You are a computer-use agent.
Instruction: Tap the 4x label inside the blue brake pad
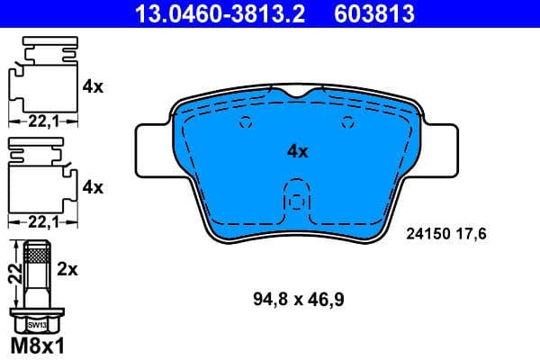pyautogui.click(x=297, y=152)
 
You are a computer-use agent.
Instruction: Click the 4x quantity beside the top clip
pyautogui.click(x=93, y=86)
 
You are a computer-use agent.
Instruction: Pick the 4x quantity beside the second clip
pyautogui.click(x=93, y=187)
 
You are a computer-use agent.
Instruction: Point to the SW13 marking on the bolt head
pyautogui.click(x=37, y=321)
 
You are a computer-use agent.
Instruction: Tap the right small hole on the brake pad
pyautogui.click(x=346, y=126)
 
